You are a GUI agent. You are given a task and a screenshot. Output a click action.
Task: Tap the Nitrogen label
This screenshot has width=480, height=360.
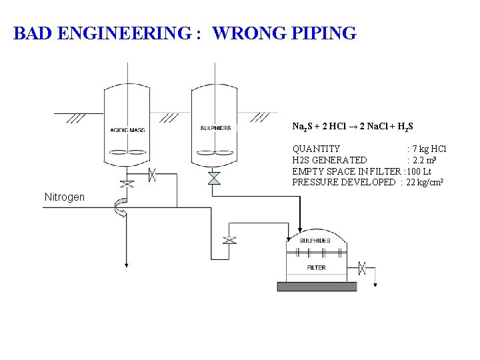[x=64, y=197]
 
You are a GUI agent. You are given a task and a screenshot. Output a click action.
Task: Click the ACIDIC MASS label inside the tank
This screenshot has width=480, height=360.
[x=127, y=129]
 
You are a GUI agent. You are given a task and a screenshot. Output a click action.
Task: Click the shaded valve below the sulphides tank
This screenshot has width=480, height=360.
[x=213, y=178]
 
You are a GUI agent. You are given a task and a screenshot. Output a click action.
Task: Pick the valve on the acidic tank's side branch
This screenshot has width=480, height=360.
[x=152, y=175]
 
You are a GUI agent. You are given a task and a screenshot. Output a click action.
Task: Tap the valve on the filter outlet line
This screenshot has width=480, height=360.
[x=361, y=268]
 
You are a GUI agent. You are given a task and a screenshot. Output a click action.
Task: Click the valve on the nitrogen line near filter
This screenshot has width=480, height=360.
[x=229, y=240]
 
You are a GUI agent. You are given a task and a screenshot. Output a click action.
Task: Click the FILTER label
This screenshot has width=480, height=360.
[x=316, y=267]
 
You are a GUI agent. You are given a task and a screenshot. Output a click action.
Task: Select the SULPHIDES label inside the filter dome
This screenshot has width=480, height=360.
[x=315, y=240]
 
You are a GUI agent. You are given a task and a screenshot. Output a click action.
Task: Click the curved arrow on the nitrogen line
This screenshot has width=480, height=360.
[x=121, y=208]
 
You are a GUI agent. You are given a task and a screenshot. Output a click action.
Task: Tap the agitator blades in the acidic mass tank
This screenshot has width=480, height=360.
[x=127, y=151]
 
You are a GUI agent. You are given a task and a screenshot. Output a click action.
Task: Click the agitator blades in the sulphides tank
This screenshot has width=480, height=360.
[x=213, y=151]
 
